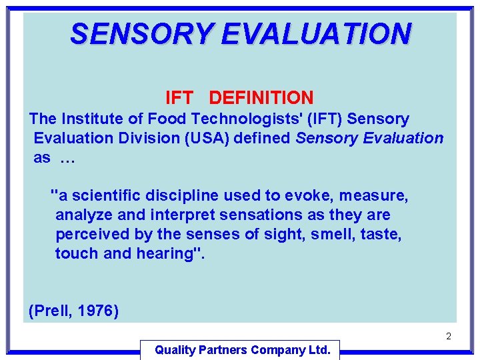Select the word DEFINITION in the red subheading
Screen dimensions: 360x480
coord(261,98)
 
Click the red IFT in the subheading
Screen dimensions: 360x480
coord(179,98)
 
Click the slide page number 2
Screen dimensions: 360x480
coord(449,337)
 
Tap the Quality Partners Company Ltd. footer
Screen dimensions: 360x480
coord(242,350)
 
